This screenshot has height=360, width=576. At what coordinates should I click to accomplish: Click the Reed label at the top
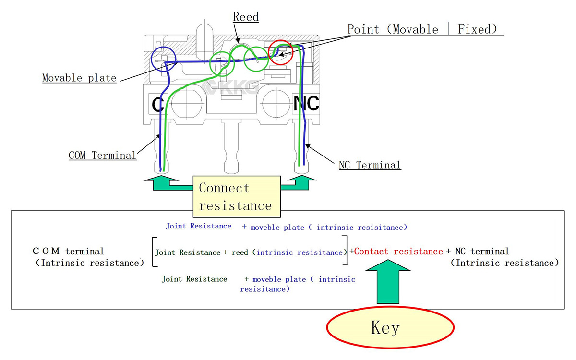tap(246, 17)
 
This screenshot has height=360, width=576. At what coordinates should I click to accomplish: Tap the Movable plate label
tap(79, 78)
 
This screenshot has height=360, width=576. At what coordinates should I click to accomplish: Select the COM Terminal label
tap(102, 156)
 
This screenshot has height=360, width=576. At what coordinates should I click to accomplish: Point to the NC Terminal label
tap(370, 166)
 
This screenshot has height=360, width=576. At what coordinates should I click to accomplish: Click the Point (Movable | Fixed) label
tap(425, 30)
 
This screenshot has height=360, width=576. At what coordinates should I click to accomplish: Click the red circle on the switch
tap(280, 52)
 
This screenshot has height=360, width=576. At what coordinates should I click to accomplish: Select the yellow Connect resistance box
tap(236, 197)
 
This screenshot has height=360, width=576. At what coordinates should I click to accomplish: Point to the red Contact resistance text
tap(398, 252)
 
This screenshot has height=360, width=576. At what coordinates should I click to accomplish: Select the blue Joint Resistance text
tap(199, 226)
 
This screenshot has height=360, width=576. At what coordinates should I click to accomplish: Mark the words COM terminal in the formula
tap(68, 251)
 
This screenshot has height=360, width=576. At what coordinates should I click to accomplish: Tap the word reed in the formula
tap(240, 252)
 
